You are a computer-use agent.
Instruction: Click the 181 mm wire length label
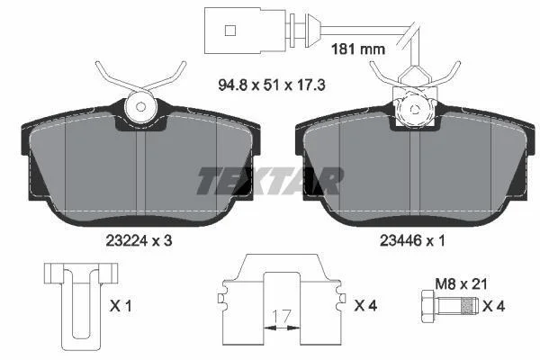[358, 49]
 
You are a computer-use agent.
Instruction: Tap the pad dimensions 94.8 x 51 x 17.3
[272, 85]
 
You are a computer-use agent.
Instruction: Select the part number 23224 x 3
[139, 241]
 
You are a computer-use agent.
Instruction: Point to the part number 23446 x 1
[412, 241]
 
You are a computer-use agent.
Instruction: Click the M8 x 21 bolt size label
[461, 284]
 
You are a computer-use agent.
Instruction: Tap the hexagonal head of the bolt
[428, 306]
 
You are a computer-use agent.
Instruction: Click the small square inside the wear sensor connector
[230, 31]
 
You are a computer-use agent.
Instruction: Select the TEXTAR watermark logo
[270, 181]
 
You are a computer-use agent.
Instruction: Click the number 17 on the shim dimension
[282, 316]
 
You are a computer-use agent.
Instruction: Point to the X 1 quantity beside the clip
[121, 306]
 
